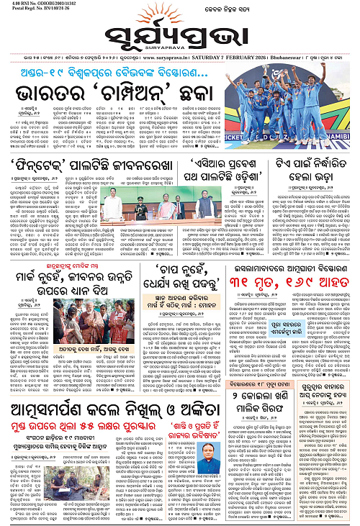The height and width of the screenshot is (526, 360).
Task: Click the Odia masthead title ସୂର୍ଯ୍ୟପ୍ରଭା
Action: [179, 32]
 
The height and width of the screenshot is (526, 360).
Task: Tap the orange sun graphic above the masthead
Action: [179, 10]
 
